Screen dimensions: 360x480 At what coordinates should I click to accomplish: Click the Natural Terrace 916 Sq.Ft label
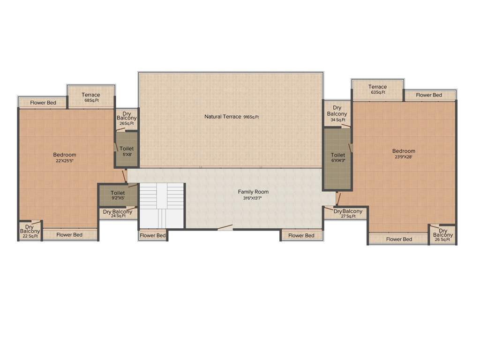point(231,117)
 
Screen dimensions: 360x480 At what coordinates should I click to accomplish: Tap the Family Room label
point(253,192)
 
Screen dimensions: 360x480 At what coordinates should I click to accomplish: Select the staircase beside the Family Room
point(162,205)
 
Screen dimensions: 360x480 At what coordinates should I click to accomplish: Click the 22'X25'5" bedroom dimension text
point(65,161)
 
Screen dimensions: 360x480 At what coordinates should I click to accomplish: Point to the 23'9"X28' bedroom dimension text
point(404,157)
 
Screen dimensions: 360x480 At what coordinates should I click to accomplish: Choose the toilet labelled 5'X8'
point(127,151)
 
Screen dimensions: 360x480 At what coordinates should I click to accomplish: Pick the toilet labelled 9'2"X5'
point(118,195)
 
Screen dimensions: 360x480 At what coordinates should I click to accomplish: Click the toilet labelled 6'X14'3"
point(337,158)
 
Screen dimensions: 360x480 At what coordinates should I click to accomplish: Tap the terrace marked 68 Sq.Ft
point(90,97)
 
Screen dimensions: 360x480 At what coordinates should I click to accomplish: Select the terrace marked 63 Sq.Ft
point(377,89)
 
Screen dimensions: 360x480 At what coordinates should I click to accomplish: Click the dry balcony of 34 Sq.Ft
point(337,114)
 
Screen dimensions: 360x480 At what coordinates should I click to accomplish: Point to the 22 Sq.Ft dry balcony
point(30,231)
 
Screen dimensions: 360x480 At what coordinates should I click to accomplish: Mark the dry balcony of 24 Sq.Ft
point(118,214)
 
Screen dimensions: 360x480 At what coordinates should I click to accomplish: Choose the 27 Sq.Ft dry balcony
point(348,213)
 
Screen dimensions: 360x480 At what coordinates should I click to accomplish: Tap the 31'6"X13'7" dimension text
point(253,198)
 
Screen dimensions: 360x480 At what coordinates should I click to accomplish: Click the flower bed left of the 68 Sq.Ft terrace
point(43,103)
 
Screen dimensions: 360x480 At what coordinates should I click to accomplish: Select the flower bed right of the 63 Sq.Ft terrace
point(429,95)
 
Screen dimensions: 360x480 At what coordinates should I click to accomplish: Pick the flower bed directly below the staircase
point(153,235)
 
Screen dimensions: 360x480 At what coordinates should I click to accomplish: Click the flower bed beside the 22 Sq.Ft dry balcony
point(69,234)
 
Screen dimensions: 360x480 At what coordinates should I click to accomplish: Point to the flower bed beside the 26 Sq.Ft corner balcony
point(399,239)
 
